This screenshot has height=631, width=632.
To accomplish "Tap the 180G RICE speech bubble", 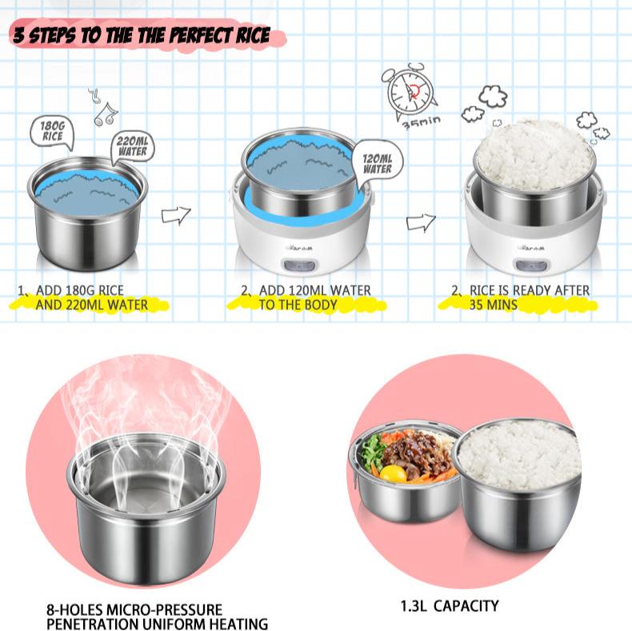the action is tap(52, 131).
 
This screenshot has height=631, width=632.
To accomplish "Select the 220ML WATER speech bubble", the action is tap(132, 147).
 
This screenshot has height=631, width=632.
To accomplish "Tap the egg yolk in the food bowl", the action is tap(393, 473).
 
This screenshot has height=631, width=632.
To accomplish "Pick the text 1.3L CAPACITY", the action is tap(450, 606).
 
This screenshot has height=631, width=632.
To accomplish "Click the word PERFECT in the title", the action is tap(201, 35).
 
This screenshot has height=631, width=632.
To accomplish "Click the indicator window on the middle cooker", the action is tap(299, 266).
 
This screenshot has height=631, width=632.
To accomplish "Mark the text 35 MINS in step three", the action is tap(493, 305).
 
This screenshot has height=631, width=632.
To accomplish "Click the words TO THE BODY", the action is tap(298, 305).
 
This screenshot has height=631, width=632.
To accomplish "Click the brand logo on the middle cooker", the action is tap(299, 248).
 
